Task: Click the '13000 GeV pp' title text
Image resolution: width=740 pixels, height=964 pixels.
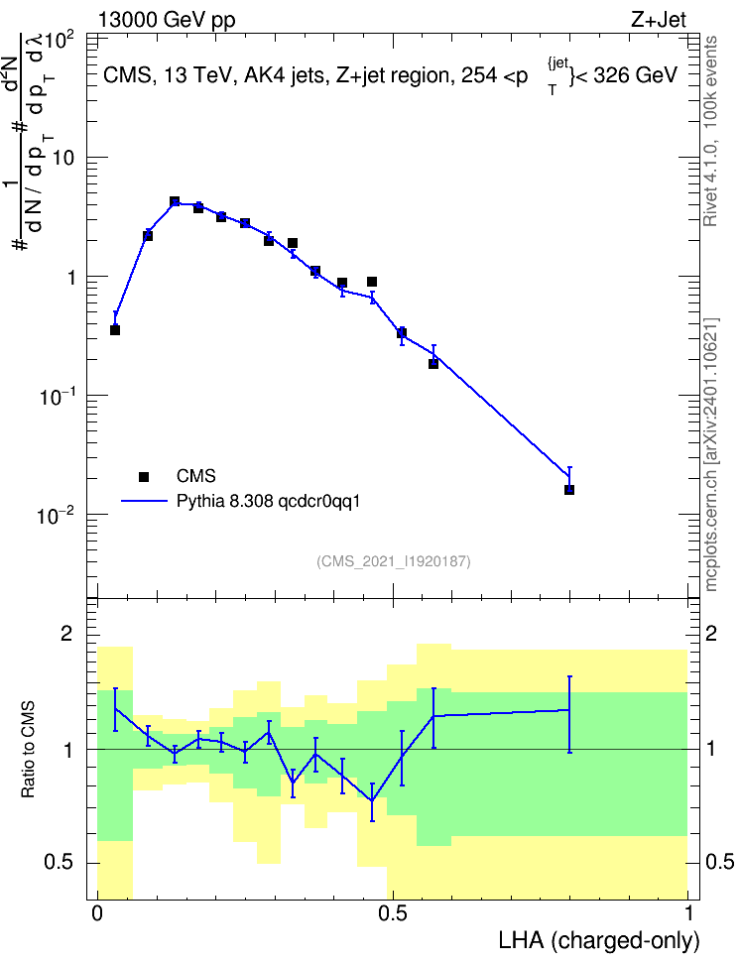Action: pyautogui.click(x=167, y=20)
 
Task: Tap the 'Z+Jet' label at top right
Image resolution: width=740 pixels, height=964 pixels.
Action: pyautogui.click(x=659, y=20)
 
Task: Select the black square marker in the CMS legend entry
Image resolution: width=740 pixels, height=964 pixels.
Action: pyautogui.click(x=144, y=476)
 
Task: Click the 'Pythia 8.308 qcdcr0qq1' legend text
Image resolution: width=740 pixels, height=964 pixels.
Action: pyautogui.click(x=268, y=502)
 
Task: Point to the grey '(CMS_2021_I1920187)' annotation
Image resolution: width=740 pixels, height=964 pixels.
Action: pyautogui.click(x=394, y=561)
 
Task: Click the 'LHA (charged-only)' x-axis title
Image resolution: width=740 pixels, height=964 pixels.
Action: pyautogui.click(x=599, y=941)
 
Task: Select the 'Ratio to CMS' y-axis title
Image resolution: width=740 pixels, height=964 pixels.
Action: pyautogui.click(x=29, y=750)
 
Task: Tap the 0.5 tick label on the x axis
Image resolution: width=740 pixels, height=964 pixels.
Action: pyautogui.click(x=393, y=913)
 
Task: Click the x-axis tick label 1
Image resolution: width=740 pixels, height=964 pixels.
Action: pyautogui.click(x=688, y=913)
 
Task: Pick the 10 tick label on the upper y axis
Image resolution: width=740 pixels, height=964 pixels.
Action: pyautogui.click(x=62, y=158)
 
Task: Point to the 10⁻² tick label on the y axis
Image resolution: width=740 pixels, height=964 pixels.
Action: pyautogui.click(x=58, y=515)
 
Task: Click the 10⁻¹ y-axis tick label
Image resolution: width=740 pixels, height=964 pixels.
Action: pyautogui.click(x=58, y=397)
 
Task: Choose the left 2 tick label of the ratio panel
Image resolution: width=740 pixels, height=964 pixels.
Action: pyautogui.click(x=66, y=634)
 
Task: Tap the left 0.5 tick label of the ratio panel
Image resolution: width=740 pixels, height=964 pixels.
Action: pyautogui.click(x=60, y=863)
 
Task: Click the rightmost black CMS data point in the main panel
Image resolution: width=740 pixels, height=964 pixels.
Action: pyautogui.click(x=569, y=489)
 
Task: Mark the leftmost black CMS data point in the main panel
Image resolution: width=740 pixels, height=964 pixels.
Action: pyautogui.click(x=115, y=330)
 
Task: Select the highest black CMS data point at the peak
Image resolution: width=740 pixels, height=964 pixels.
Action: pyautogui.click(x=175, y=201)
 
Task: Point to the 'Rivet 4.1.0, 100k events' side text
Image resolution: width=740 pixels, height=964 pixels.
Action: pyautogui.click(x=710, y=132)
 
